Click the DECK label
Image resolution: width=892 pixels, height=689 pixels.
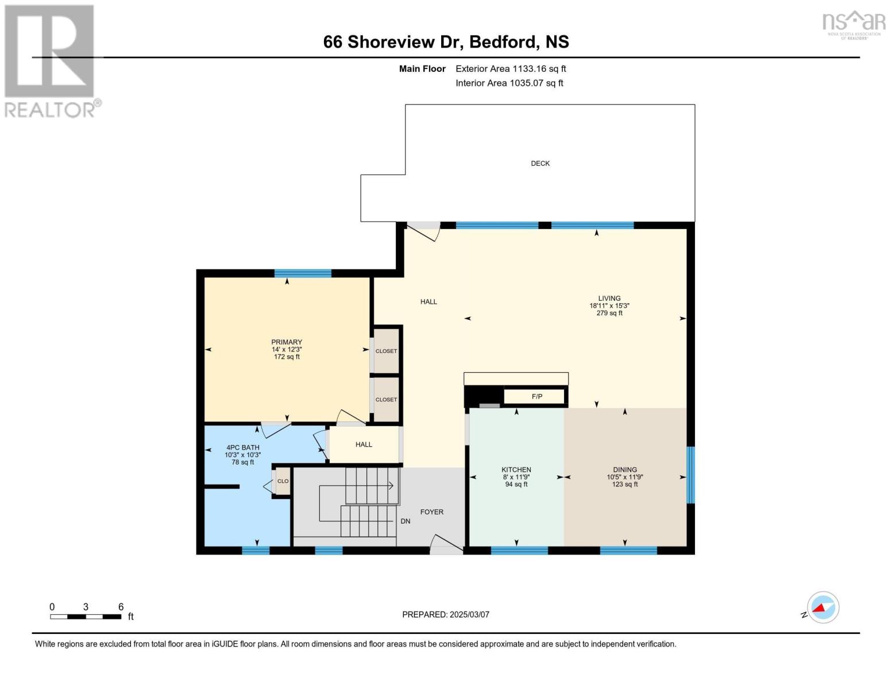(540, 164)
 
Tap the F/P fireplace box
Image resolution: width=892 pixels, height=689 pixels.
(536, 397)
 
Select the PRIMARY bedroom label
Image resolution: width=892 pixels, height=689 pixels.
(287, 342)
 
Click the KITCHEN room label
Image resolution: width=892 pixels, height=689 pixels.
(516, 470)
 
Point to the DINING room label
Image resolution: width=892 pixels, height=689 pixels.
(624, 470)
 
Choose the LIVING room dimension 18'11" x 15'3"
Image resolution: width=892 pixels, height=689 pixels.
(609, 306)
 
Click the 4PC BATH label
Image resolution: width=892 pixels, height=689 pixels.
(242, 447)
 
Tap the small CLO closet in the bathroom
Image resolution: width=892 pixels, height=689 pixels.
(283, 481)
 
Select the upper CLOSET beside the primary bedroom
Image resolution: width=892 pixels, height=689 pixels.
(386, 351)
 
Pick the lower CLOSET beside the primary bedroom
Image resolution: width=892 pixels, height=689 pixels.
(386, 400)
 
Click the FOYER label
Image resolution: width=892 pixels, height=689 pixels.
(431, 512)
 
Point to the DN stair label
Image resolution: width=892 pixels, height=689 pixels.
(405, 521)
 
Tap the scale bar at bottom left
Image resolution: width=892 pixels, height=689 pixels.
(86, 617)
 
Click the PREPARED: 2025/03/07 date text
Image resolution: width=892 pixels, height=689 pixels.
(445, 614)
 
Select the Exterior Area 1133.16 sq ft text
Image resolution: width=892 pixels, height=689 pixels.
(510, 69)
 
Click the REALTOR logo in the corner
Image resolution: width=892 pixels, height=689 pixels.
(51, 60)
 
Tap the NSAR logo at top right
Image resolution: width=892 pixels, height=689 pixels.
(854, 24)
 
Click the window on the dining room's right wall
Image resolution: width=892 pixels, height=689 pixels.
(690, 475)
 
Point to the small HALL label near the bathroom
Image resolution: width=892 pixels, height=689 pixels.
(363, 444)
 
